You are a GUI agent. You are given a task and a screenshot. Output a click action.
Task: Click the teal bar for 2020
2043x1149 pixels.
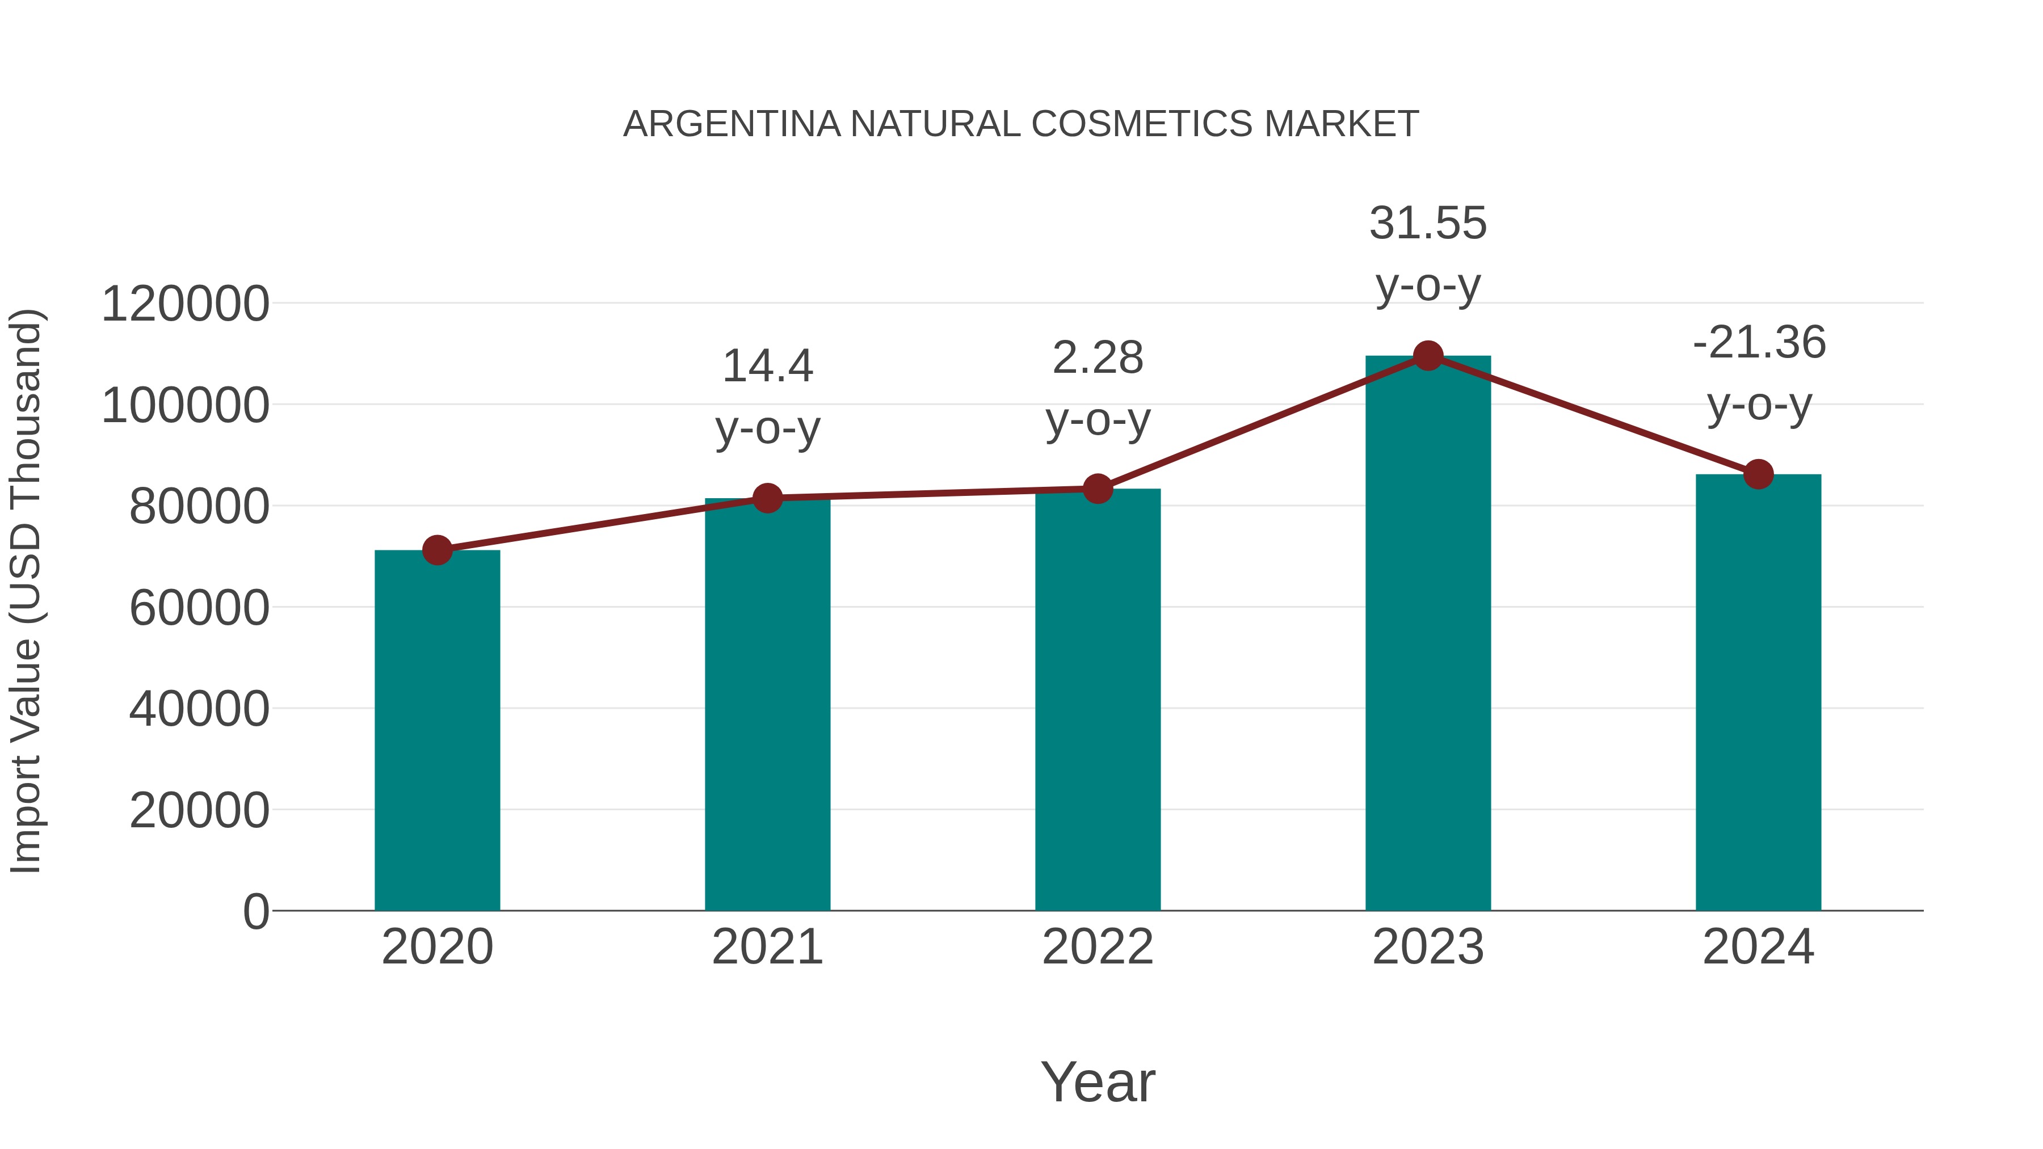click(437, 730)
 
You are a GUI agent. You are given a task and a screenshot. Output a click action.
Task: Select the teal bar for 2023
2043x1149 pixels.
click(1428, 634)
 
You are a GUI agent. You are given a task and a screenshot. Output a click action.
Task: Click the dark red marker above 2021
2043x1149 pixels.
click(767, 498)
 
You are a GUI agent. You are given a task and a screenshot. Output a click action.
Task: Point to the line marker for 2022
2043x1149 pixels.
click(1098, 489)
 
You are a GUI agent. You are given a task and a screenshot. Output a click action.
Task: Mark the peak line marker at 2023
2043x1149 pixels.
click(1428, 356)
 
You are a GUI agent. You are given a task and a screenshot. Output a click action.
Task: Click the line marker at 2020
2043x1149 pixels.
click(437, 549)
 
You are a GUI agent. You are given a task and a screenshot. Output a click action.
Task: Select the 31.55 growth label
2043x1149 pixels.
click(1428, 223)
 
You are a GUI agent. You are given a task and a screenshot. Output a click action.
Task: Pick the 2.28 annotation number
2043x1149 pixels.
click(1098, 357)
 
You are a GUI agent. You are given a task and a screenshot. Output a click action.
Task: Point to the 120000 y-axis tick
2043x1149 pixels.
click(186, 304)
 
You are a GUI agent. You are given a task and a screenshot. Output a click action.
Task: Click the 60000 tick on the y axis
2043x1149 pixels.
click(199, 608)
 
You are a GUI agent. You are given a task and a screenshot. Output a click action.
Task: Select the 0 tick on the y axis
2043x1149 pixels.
click(256, 911)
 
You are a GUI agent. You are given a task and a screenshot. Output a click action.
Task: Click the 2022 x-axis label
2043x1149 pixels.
click(1098, 947)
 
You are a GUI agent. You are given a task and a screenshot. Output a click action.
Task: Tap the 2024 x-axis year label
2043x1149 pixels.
click(1758, 947)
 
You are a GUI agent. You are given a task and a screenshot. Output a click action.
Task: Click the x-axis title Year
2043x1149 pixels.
click(1098, 1081)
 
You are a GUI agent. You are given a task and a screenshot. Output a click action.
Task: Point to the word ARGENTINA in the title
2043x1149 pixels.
click(732, 124)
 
